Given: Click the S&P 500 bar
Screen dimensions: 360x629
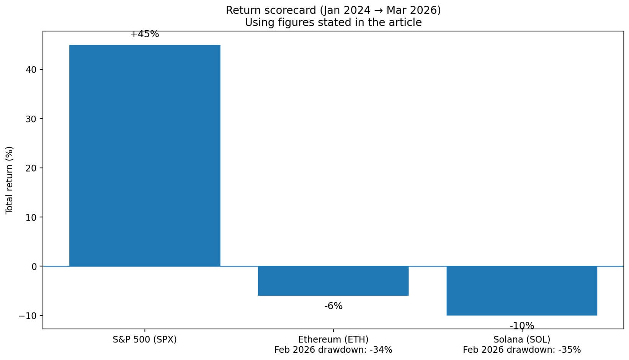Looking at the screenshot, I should (145, 155).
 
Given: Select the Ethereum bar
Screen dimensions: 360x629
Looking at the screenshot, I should (333, 281).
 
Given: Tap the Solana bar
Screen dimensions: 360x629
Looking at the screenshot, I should (521, 291).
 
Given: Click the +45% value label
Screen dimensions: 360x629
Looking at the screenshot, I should (145, 34).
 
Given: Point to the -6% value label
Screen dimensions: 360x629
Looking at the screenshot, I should (333, 306).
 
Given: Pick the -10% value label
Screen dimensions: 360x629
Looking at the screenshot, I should (521, 326).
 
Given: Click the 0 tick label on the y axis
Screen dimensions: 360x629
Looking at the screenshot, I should (34, 267).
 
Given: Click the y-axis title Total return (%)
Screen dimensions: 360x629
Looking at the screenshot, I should (10, 180).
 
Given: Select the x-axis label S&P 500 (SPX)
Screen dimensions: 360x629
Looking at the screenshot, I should (145, 339).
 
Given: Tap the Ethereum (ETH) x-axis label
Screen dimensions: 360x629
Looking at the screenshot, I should (333, 339).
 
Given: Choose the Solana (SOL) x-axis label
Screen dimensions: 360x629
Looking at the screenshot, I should (521, 339).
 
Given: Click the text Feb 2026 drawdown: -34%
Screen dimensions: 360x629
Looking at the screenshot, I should (333, 350).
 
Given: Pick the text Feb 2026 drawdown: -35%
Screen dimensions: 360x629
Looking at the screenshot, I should (521, 350).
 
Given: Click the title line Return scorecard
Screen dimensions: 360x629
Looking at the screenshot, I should (333, 10).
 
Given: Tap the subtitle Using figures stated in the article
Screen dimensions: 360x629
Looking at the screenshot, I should (333, 23).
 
